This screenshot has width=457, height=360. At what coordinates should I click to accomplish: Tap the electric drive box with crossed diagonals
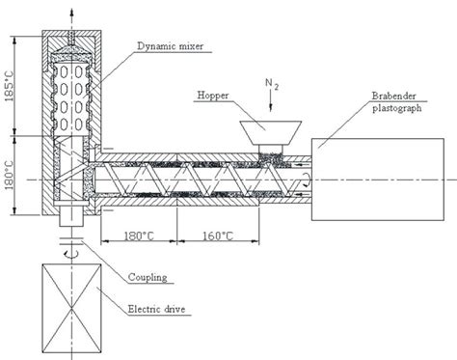point(67,307)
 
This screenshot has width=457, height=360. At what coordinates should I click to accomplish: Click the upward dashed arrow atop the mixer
point(67,13)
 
